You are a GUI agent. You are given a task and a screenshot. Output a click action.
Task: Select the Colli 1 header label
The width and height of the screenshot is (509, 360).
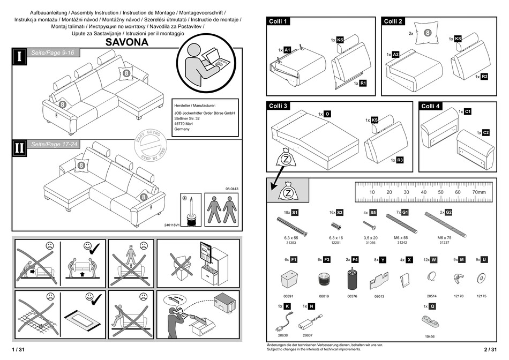pyautogui.click(x=279, y=21)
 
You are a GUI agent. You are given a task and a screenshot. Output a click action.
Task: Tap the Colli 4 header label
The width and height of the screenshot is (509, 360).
pyautogui.click(x=431, y=106)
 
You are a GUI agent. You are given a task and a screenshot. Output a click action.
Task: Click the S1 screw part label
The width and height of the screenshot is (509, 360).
pyautogui.click(x=295, y=213)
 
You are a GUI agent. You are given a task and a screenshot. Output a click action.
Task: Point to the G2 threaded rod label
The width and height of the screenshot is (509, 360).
pyautogui.click(x=448, y=213)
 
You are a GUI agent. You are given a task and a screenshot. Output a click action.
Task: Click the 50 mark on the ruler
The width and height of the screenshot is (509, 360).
pyautogui.click(x=440, y=192)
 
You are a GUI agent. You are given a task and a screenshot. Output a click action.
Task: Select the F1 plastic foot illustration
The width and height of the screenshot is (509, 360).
pyautogui.click(x=289, y=279)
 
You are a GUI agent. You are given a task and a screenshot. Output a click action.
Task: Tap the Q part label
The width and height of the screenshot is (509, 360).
pyautogui.click(x=432, y=306)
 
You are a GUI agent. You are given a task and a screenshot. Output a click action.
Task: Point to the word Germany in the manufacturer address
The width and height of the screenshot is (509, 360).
pyautogui.click(x=182, y=130)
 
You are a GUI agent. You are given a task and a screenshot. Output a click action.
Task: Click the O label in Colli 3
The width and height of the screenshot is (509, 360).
pyautogui.click(x=327, y=114)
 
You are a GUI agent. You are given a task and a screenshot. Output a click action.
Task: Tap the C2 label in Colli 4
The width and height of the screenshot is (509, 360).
pyautogui.click(x=486, y=132)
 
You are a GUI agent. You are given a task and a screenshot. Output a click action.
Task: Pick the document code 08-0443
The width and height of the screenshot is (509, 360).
pyautogui.click(x=231, y=189)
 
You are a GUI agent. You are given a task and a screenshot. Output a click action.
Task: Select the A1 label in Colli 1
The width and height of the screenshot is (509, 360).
pyautogui.click(x=287, y=50)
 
